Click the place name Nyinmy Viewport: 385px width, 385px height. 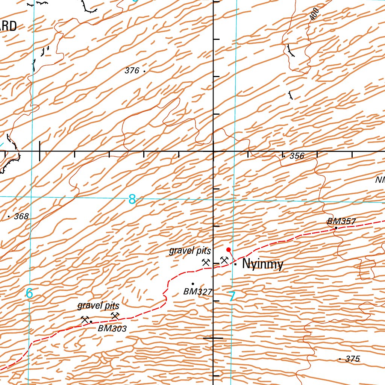[262, 264]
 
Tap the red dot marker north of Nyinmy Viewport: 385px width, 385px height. [228, 250]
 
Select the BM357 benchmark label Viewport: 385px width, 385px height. [341, 221]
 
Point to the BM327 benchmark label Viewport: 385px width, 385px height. [198, 291]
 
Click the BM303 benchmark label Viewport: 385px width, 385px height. [112, 328]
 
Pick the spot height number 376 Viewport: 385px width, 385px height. [132, 70]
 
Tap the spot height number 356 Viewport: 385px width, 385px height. [297, 156]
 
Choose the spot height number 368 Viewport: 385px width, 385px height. [21, 217]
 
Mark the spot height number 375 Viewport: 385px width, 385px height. [352, 359]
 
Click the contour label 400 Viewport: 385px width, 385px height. [315, 14]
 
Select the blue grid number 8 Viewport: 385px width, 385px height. [132, 199]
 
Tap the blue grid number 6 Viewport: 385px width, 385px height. [29, 293]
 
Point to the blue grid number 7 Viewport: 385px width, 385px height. [232, 297]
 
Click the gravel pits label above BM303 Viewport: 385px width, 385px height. [98, 305]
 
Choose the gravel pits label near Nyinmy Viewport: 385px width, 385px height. [190, 250]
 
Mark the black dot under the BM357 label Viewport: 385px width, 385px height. [336, 227]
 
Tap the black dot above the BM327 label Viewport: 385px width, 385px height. [193, 284]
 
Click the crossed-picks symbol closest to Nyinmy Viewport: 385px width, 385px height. [224, 260]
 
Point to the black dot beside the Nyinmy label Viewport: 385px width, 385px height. [235, 264]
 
